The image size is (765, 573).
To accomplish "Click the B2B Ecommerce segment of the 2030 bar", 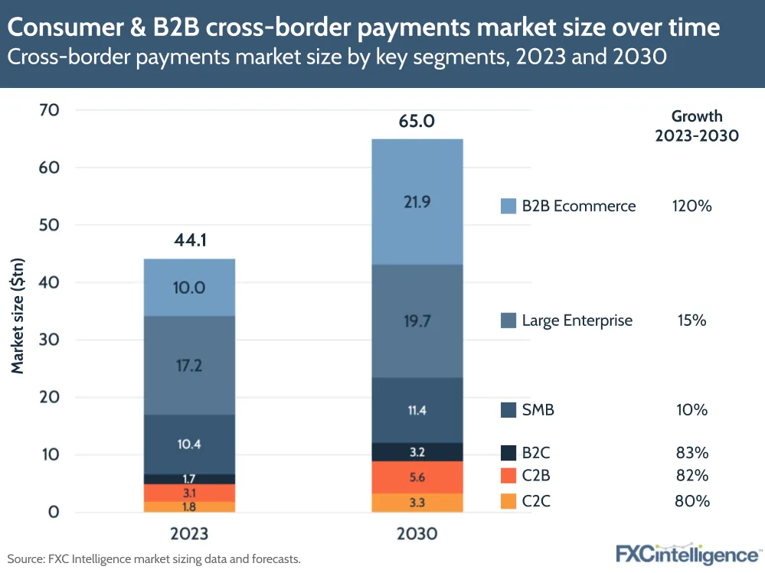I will (x=417, y=202).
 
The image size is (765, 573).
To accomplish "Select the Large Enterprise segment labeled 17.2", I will (x=189, y=365).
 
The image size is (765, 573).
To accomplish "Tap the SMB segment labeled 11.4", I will (x=417, y=410).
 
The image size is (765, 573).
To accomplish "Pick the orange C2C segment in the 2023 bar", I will (x=189, y=506).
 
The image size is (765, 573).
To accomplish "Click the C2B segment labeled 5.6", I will (x=417, y=477).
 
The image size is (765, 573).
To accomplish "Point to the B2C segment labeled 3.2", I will (x=417, y=451).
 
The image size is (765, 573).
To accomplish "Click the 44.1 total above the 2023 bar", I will (x=189, y=243).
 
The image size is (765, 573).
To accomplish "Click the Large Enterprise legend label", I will (x=577, y=321).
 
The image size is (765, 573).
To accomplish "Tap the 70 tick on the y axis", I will (x=50, y=110).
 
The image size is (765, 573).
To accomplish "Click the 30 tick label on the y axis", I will (x=50, y=340).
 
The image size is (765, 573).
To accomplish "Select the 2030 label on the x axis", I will (x=417, y=534).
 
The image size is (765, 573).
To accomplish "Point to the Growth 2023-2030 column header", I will (x=697, y=126).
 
